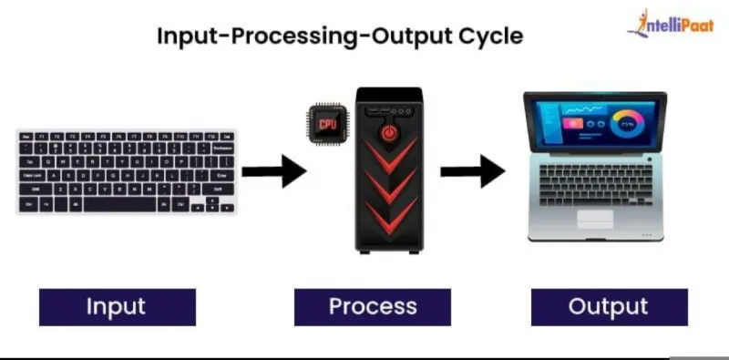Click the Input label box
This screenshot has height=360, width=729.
pyautogui.click(x=118, y=307)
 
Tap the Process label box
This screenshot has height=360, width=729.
pyautogui.click(x=373, y=307)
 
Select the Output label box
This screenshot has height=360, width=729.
pyautogui.click(x=610, y=307)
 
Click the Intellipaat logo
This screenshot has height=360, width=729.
pyautogui.click(x=670, y=24)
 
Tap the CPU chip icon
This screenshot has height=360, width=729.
pyautogui.click(x=327, y=124)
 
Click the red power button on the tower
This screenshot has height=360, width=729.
pyautogui.click(x=390, y=133)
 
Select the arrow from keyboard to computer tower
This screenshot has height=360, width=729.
pyautogui.click(x=274, y=171)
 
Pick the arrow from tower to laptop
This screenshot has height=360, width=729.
pyautogui.click(x=473, y=171)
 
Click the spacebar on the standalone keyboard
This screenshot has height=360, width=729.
pyautogui.click(x=119, y=205)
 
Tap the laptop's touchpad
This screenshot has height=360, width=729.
pyautogui.click(x=596, y=219)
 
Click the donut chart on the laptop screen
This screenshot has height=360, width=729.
pyautogui.click(x=628, y=124)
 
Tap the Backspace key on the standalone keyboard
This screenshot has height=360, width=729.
pyautogui.click(x=222, y=149)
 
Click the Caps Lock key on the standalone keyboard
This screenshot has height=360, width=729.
pyautogui.click(x=32, y=176)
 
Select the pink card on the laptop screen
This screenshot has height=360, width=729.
pyautogui.click(x=573, y=124)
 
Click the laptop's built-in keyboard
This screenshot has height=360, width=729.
pyautogui.click(x=596, y=185)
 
